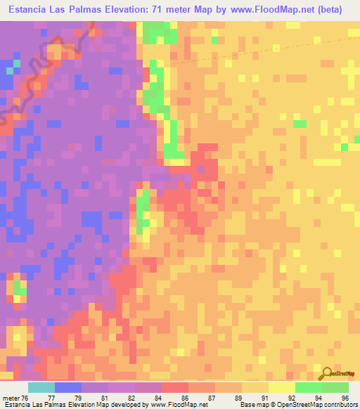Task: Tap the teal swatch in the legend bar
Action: coord(41,387)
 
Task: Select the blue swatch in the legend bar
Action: coord(68,387)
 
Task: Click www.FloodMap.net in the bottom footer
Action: coord(176,404)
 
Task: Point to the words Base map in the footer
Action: coord(253,404)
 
